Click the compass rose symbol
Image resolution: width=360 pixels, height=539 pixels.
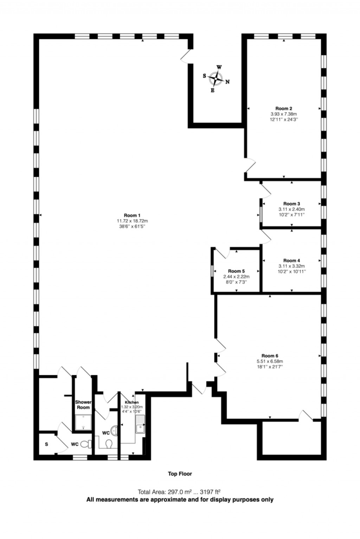pyautogui.click(x=215, y=79)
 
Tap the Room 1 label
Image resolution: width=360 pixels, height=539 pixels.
pyautogui.click(x=132, y=215)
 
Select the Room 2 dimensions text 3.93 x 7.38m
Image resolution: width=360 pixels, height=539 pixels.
pyautogui.click(x=284, y=114)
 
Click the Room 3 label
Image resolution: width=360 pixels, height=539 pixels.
pyautogui.click(x=291, y=204)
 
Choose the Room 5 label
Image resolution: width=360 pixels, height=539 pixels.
pyautogui.click(x=236, y=271)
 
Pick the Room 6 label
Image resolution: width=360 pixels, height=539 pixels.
pyautogui.click(x=270, y=356)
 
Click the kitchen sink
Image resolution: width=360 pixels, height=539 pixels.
pyautogui.click(x=140, y=424)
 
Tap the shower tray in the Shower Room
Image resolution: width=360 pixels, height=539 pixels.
pyautogui.click(x=83, y=423)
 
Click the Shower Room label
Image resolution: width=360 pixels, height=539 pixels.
pyautogui.click(x=83, y=405)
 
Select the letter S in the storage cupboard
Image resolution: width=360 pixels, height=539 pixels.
pyautogui.click(x=46, y=445)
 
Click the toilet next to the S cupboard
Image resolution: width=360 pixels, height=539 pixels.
pyautogui.click(x=85, y=444)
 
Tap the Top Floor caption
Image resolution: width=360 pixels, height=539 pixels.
pyautogui.click(x=180, y=474)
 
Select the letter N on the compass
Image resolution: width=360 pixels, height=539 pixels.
pyautogui.click(x=227, y=82)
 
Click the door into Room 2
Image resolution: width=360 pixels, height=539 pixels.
pyautogui.click(x=251, y=165)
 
